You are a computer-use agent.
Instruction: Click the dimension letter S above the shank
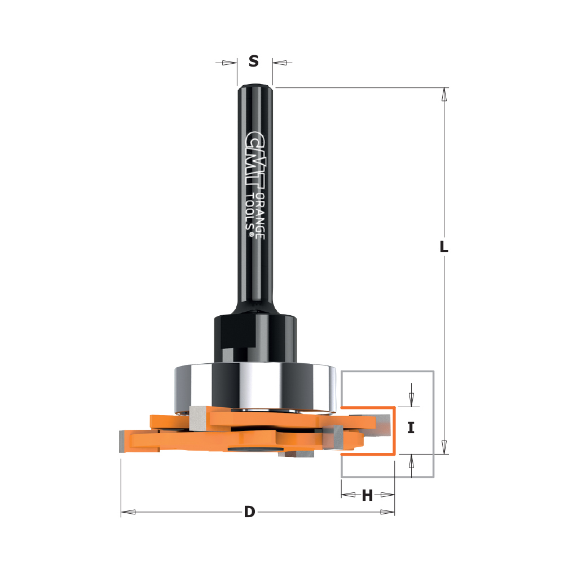click(x=254, y=61)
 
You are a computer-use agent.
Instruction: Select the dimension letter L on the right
click(x=444, y=246)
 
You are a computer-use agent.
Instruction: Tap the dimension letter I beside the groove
click(x=411, y=428)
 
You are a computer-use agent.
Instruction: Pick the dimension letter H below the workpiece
click(x=367, y=496)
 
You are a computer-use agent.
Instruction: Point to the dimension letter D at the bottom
click(x=249, y=513)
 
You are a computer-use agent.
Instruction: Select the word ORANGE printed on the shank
click(x=260, y=216)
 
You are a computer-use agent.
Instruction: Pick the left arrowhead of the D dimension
click(x=128, y=512)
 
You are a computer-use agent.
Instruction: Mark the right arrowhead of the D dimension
click(x=387, y=512)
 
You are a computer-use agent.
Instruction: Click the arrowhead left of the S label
click(x=229, y=63)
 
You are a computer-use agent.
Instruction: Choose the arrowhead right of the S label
click(x=280, y=63)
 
